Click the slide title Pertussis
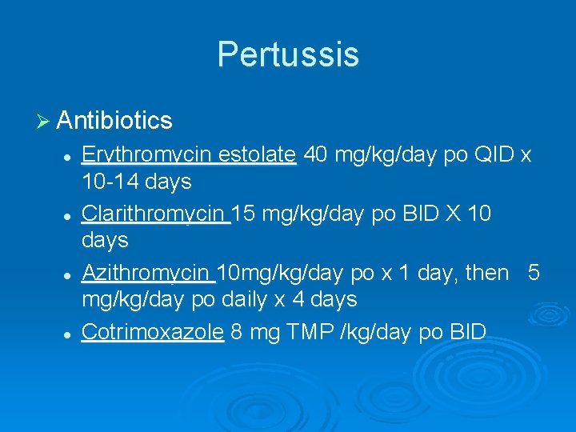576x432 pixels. tap(288, 54)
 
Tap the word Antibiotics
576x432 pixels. tap(115, 121)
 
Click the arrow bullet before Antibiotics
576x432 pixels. tap(44, 122)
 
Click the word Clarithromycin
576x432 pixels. tap(154, 214)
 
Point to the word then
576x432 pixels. tap(486, 274)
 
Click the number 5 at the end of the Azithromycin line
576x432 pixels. tap(534, 274)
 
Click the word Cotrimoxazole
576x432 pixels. tap(153, 332)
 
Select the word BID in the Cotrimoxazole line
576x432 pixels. tap(468, 332)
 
